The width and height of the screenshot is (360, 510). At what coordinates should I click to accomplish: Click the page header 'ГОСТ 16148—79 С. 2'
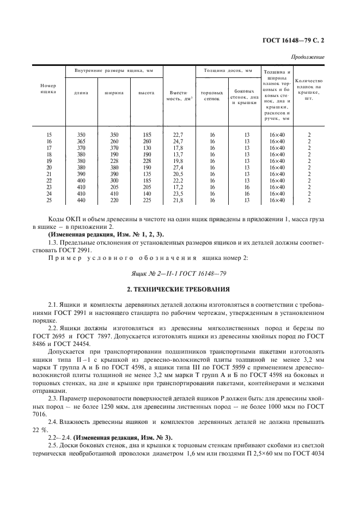point(293,40)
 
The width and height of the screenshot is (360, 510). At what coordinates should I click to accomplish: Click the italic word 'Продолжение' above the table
point(308,57)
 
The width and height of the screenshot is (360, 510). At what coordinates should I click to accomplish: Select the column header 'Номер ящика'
point(48,89)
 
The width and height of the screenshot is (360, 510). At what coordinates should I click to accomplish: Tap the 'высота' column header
point(147,92)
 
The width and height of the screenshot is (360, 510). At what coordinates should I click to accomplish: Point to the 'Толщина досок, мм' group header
point(228,71)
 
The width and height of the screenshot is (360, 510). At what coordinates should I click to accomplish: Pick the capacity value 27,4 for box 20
point(179,167)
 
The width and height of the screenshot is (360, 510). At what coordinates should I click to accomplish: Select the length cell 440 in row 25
point(81,200)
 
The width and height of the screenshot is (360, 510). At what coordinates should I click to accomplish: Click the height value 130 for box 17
point(147,148)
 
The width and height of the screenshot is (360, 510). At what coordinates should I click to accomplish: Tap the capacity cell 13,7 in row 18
point(179,154)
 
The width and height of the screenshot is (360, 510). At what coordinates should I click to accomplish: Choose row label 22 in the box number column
point(49,180)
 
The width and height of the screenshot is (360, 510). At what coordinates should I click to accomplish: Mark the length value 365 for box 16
point(81,141)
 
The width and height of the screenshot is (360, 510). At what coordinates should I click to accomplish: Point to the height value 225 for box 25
point(147,200)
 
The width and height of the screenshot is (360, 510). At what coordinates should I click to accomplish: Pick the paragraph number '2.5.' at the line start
point(54,446)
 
